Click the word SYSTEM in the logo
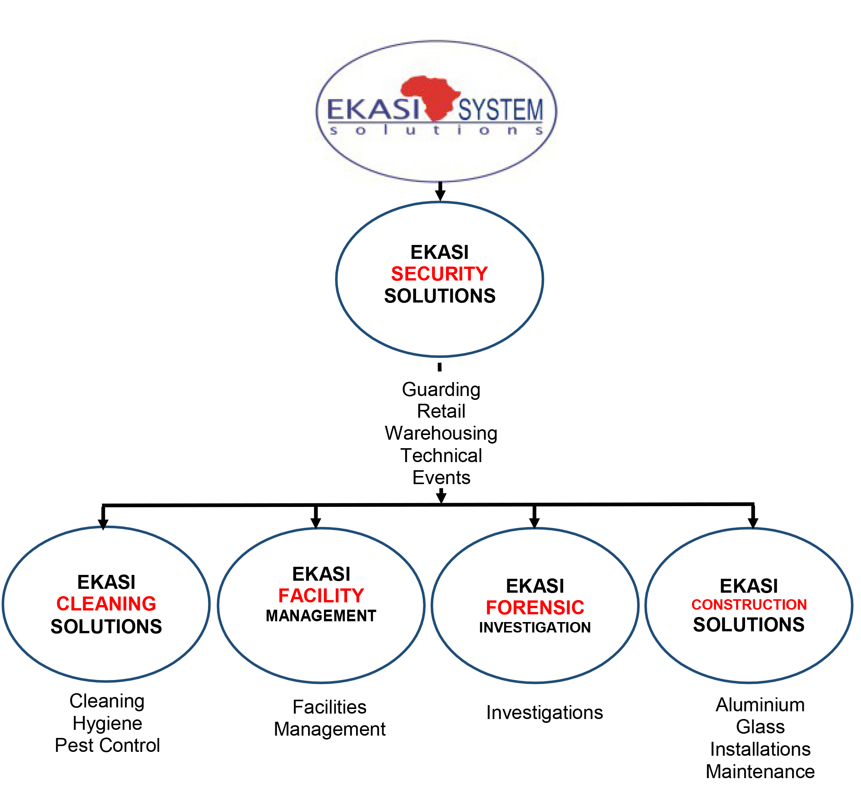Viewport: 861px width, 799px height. point(500,110)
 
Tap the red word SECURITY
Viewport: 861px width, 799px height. point(439,274)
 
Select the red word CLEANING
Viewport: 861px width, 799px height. point(106,603)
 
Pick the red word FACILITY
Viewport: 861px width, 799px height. point(321,596)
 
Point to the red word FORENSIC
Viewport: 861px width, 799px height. point(535,607)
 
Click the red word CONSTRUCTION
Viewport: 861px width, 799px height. point(749,604)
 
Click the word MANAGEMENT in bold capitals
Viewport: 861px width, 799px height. point(321,616)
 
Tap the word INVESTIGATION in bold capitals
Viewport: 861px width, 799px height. point(535,627)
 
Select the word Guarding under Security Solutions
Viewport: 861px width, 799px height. point(441,389)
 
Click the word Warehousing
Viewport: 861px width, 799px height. point(441,433)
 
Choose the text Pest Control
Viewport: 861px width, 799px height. point(107,745)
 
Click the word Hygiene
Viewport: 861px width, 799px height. point(107,723)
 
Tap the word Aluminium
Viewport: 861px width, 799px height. point(760,705)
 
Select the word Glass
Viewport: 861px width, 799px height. point(760,727)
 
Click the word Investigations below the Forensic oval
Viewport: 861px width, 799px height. point(544,712)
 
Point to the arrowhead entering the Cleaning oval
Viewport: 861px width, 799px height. point(103,524)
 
